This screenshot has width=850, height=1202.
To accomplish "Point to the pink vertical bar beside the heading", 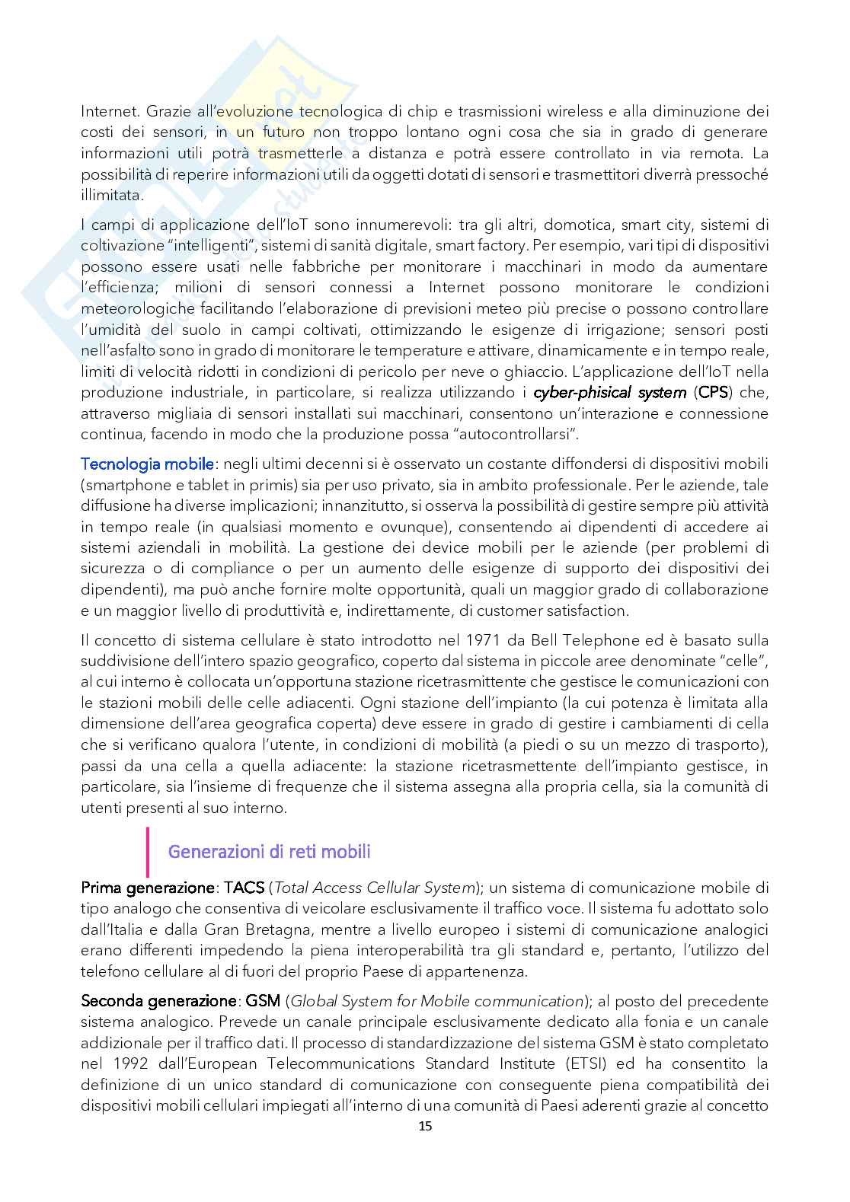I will [147, 852].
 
